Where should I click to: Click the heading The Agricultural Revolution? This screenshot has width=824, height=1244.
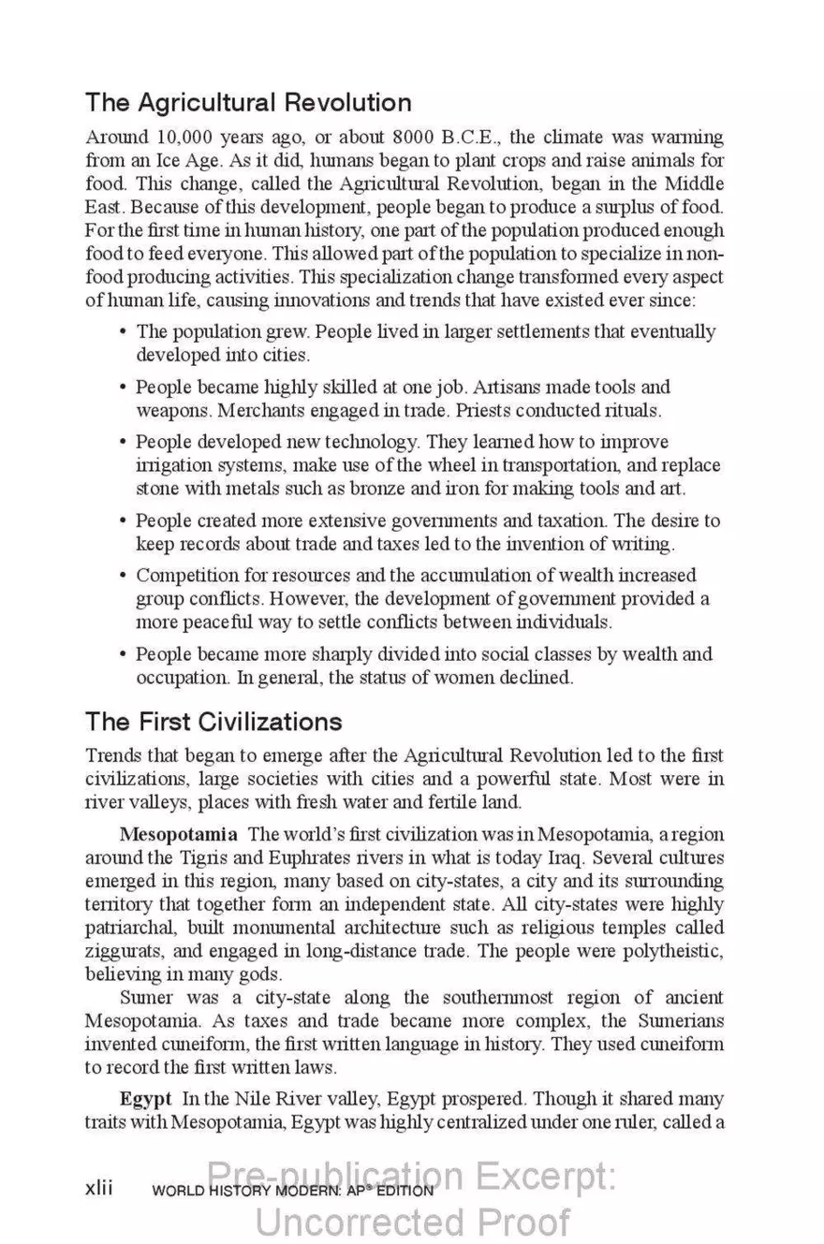248,102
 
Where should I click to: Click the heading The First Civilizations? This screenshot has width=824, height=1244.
213,722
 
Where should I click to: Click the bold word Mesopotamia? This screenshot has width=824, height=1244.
178,834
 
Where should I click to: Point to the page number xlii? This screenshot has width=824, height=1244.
98,1188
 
